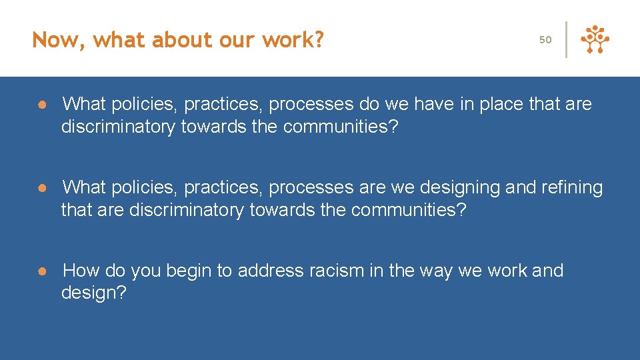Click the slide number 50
pos(545,40)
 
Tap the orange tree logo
pos(595,39)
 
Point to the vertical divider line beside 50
pos(567,39)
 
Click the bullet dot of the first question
pos(41,105)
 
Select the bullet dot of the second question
pos(41,188)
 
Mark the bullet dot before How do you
pos(41,271)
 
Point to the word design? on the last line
pos(93,293)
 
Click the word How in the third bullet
pos(81,271)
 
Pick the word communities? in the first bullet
pos(341,127)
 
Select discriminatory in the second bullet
pos(187,210)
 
